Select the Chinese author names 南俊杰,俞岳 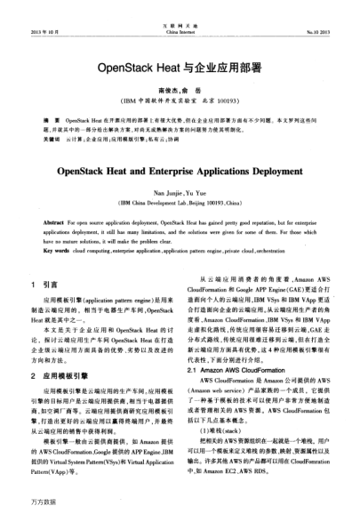point(179,91)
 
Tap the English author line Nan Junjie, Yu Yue point(179,191)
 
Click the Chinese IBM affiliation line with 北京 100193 point(180,103)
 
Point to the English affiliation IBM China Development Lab point(180,204)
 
